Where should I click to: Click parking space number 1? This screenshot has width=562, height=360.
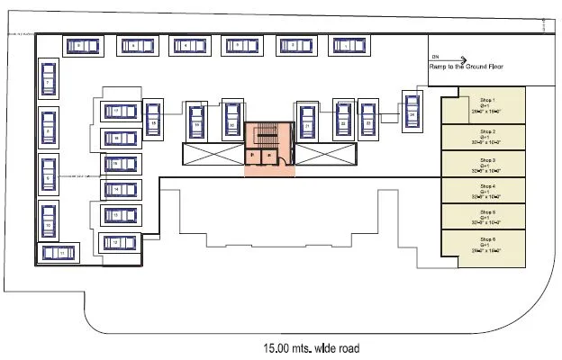344,45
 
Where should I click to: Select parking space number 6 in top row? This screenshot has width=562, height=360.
79,45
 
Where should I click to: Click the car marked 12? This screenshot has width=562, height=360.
117,242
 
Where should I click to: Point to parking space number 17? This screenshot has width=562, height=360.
117,111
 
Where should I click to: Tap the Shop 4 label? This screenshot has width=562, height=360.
489,185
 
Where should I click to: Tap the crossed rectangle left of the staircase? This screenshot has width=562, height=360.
213,154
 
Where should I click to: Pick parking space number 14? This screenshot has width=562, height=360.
117,190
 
